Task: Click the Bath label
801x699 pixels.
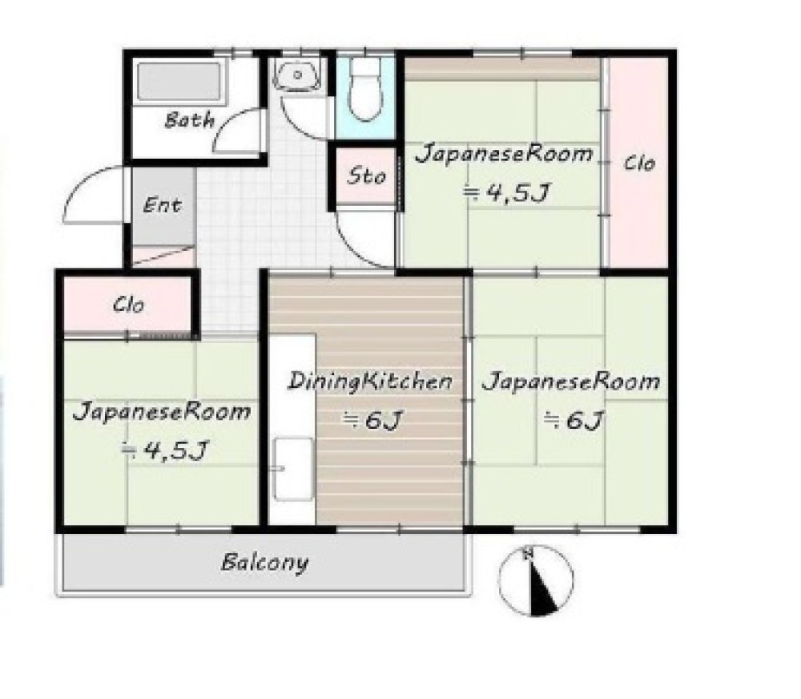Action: (190, 121)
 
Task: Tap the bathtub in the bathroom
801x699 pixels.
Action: (179, 82)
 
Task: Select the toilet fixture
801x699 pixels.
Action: (365, 90)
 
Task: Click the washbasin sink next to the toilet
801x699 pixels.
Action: (297, 75)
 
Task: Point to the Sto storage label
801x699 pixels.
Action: (366, 176)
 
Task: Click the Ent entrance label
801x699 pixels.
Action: (162, 205)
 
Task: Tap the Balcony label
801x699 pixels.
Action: (264, 563)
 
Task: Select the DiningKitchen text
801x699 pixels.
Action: (370, 382)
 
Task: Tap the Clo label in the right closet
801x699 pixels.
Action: (639, 164)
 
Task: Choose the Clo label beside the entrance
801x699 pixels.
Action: (128, 305)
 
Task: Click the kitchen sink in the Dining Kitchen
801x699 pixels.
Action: (293, 468)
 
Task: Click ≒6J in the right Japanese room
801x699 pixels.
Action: (574, 420)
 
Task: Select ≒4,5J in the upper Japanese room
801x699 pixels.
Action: (507, 193)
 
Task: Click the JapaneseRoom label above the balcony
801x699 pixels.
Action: (162, 412)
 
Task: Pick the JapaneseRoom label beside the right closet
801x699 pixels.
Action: (504, 154)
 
